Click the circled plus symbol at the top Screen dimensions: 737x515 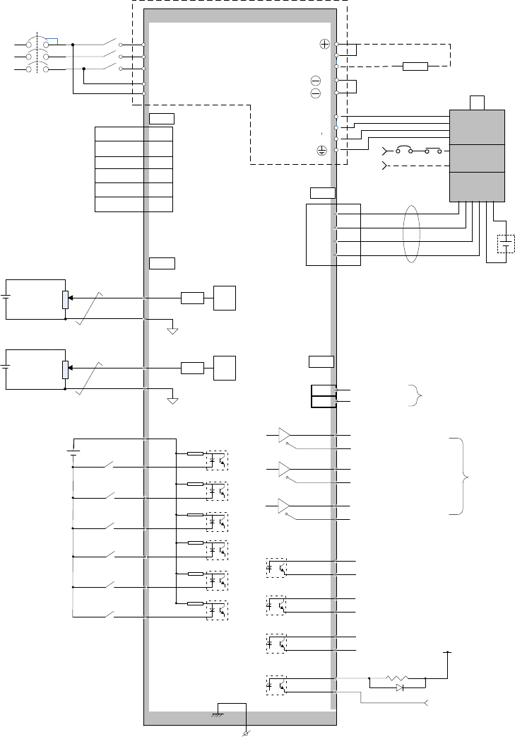click(325, 44)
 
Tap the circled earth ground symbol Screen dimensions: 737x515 click(321, 150)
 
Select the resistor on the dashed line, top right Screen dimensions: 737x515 click(415, 66)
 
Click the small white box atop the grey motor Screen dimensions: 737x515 click(478, 103)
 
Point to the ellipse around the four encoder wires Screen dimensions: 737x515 click(410, 235)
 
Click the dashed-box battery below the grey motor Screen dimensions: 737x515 click(507, 245)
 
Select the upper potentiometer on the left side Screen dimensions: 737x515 click(65, 298)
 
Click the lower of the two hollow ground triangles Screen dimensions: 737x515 click(172, 401)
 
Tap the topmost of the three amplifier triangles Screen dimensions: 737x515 click(285, 434)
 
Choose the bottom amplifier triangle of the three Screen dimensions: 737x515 click(285, 506)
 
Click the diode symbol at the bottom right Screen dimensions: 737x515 click(399, 687)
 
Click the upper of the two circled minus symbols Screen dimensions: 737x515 click(315, 81)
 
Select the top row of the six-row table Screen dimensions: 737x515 click(134, 133)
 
